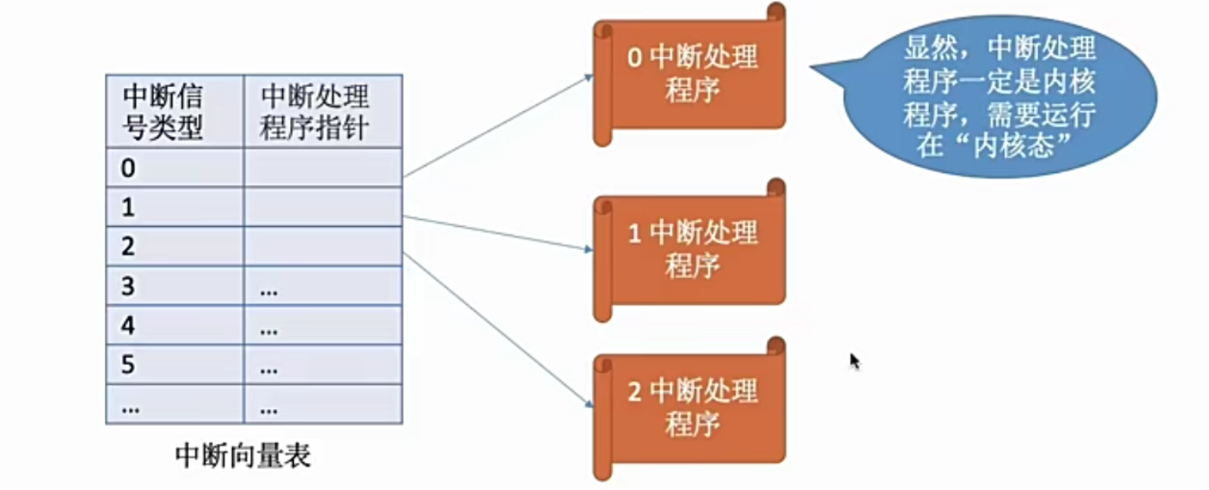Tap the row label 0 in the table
click(x=129, y=167)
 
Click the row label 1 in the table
click(x=129, y=207)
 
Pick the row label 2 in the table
click(x=129, y=246)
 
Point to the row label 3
click(x=129, y=286)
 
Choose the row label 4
click(x=129, y=326)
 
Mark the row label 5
click(x=129, y=364)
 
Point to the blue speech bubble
click(x=999, y=99)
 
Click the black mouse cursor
click(x=854, y=361)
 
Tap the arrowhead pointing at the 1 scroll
click(x=588, y=249)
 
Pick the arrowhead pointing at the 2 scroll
click(x=588, y=405)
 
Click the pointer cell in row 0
click(x=322, y=167)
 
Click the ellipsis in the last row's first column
click(x=130, y=407)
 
